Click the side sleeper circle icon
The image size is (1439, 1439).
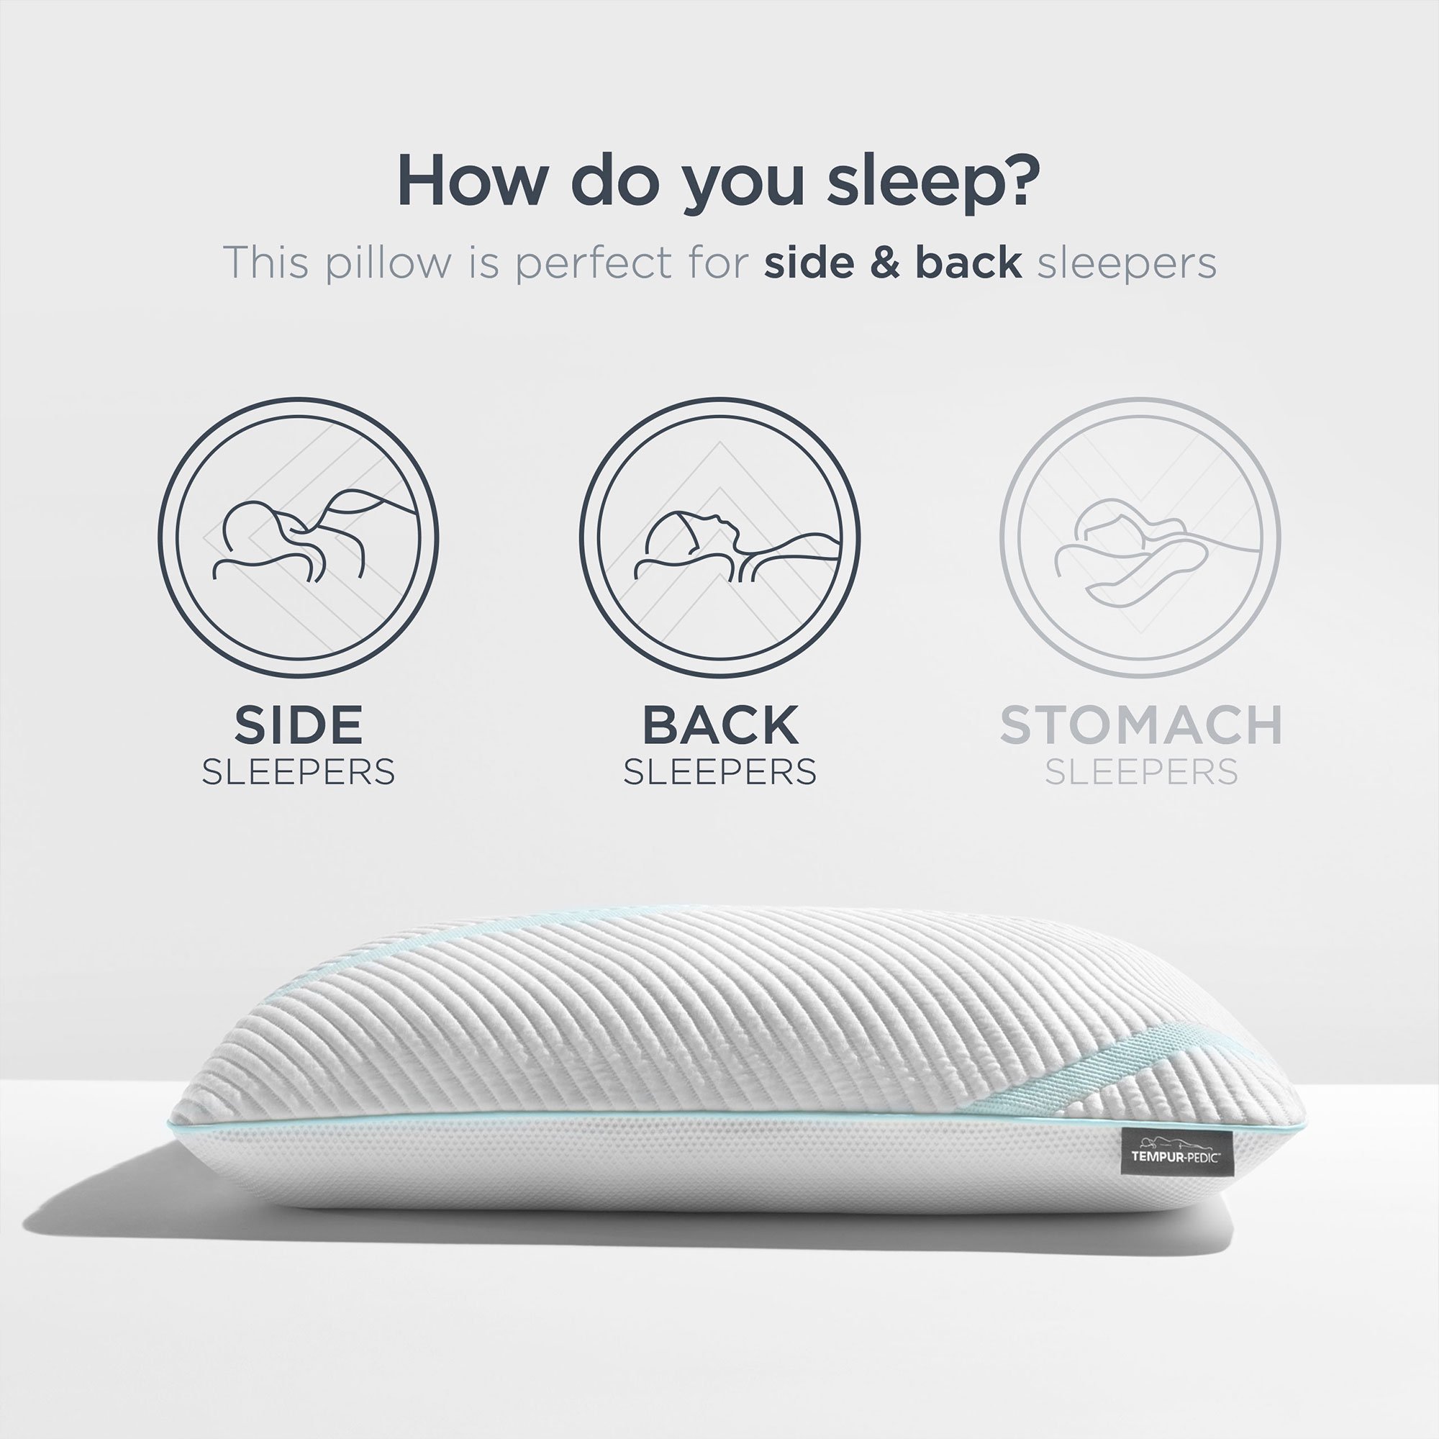pos(298,538)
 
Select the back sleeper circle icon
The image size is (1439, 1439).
pos(719,538)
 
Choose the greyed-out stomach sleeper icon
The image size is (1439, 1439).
pos(1140,538)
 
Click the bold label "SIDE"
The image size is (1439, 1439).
pos(298,725)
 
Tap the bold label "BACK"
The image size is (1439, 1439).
pos(720,725)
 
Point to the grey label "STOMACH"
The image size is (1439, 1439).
pos(1140,725)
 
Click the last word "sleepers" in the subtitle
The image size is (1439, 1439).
pos(1127,263)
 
